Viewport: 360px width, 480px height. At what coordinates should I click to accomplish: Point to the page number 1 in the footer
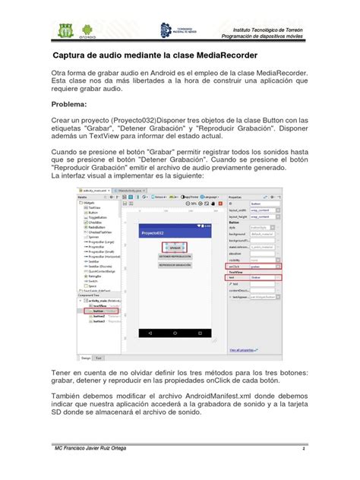(304, 448)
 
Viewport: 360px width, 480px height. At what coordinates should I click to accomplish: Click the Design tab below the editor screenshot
(86, 356)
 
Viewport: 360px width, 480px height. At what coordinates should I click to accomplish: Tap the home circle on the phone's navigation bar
(175, 333)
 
